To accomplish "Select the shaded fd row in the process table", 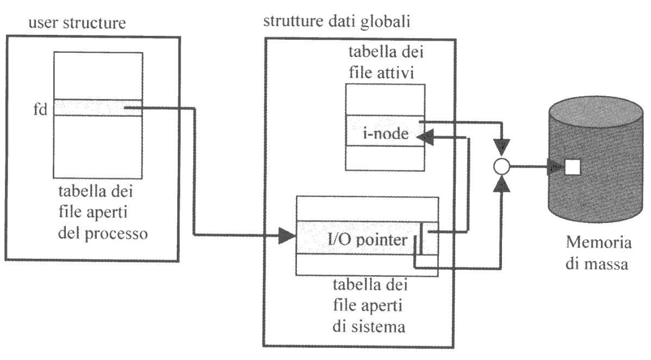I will click(98, 108).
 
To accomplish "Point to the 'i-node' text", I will click(385, 134).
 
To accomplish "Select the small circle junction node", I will click(501, 167).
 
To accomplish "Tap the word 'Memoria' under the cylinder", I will click(600, 243).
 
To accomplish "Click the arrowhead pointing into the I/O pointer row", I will click(286, 237).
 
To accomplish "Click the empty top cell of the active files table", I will click(385, 100).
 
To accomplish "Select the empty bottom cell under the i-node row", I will click(385, 159).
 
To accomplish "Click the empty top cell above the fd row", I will click(98, 76).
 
